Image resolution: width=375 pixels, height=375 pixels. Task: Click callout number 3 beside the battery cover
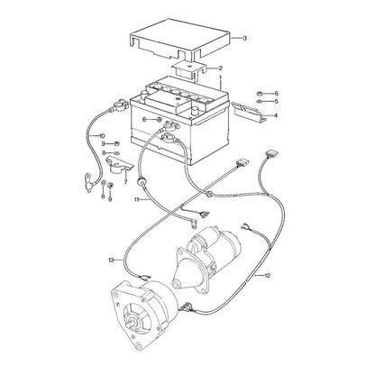[x=244, y=39]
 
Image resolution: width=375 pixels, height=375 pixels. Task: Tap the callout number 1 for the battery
[x=220, y=78]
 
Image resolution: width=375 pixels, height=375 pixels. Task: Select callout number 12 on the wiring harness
[x=267, y=275]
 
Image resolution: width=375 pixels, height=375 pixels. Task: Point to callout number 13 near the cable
[x=112, y=260]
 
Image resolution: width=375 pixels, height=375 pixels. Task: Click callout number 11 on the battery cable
[x=137, y=199]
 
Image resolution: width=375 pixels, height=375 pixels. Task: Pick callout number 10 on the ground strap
[x=102, y=135]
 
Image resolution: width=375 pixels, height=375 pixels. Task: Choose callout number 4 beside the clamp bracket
[x=276, y=115]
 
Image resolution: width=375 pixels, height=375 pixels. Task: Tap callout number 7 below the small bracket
[x=125, y=181]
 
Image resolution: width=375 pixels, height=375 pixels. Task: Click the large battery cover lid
[x=179, y=39]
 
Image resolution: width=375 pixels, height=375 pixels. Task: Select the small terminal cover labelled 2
[x=188, y=69]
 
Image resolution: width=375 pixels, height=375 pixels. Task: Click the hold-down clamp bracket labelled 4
[x=249, y=112]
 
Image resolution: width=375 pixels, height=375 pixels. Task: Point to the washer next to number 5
[x=261, y=101]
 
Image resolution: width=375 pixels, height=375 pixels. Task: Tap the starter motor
[x=206, y=260]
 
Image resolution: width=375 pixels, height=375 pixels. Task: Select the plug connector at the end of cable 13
[x=242, y=163]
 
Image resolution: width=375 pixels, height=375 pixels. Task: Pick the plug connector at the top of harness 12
[x=270, y=153]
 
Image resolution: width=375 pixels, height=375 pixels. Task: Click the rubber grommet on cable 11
[x=141, y=182]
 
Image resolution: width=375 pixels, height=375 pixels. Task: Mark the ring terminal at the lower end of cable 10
[x=88, y=181]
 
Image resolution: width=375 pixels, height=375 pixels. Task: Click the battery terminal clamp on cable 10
[x=120, y=105]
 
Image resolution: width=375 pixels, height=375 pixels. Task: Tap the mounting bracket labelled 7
[x=119, y=164]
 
